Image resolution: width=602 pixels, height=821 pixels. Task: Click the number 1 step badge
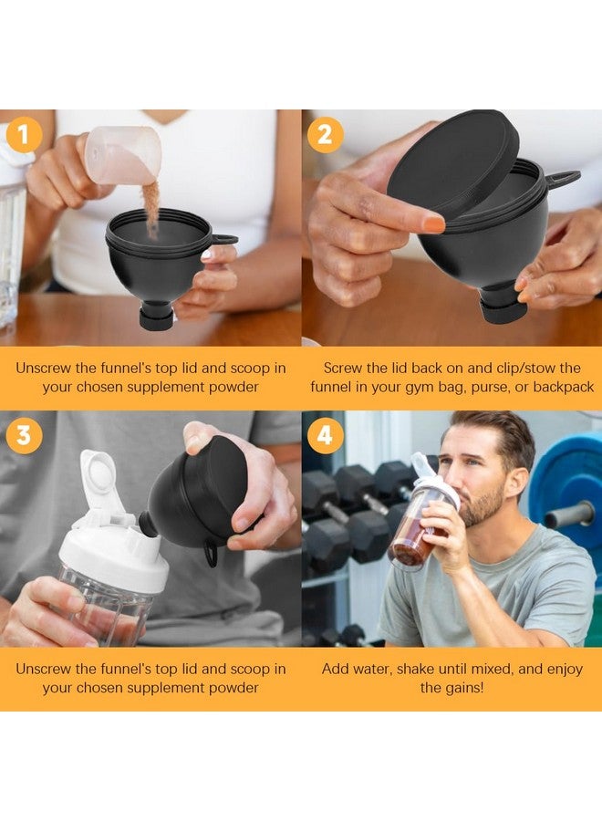pos(24,135)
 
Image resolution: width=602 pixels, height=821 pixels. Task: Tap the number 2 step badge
pos(325,135)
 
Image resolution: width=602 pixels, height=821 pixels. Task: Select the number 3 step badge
pos(24,435)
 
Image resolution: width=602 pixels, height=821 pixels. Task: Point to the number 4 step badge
pos(325,435)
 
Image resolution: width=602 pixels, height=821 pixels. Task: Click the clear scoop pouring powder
pos(124,153)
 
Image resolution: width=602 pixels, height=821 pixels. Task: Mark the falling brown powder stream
pos(151,208)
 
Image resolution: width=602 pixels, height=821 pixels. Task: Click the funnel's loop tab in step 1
pos(223,240)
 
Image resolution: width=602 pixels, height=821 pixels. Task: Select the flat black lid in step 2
pos(453,163)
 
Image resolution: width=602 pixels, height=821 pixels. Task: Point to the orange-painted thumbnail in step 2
pos(433,223)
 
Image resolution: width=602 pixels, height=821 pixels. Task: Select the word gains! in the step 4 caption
pos(464,687)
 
